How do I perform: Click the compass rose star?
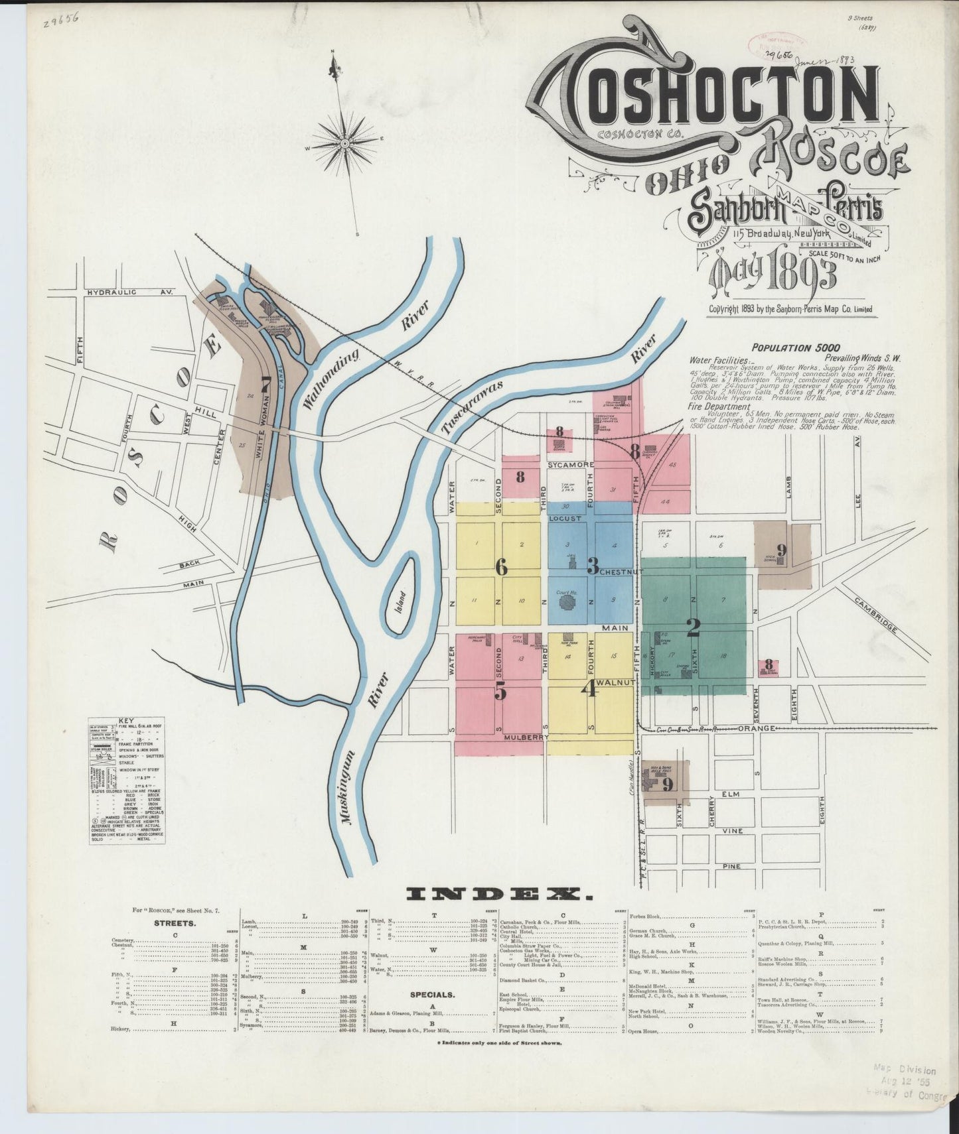coord(345,141)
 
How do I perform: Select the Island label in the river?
coord(400,600)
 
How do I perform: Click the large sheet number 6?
coord(501,567)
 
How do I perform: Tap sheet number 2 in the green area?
coord(694,627)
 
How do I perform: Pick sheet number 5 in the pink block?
coord(500,691)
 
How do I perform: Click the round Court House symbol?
coord(566,602)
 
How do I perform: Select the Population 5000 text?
coord(795,347)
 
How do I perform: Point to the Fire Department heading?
coord(719,407)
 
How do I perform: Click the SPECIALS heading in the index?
coord(432,995)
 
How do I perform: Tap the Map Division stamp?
coord(904,1070)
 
